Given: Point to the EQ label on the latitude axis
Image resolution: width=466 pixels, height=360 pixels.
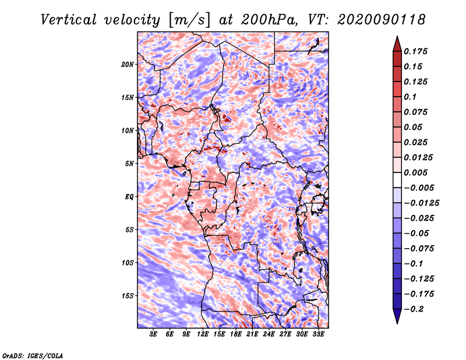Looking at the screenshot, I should [x=129, y=196].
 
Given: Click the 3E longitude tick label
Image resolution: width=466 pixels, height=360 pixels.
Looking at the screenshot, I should [x=154, y=334].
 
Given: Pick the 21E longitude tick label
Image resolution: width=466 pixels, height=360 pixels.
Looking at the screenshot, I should [x=252, y=334].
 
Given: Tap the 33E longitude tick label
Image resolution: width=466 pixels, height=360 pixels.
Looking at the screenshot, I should [x=318, y=334].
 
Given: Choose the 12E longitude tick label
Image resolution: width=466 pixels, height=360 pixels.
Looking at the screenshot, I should [x=203, y=334].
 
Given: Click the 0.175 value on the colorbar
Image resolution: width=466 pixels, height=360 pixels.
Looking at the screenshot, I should [x=417, y=51].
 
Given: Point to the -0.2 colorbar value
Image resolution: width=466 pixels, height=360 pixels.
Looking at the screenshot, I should [x=415, y=309].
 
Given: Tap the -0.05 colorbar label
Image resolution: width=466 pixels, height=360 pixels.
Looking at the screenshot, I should [x=417, y=233].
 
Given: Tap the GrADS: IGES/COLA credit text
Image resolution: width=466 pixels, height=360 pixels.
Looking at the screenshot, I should [x=32, y=355].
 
